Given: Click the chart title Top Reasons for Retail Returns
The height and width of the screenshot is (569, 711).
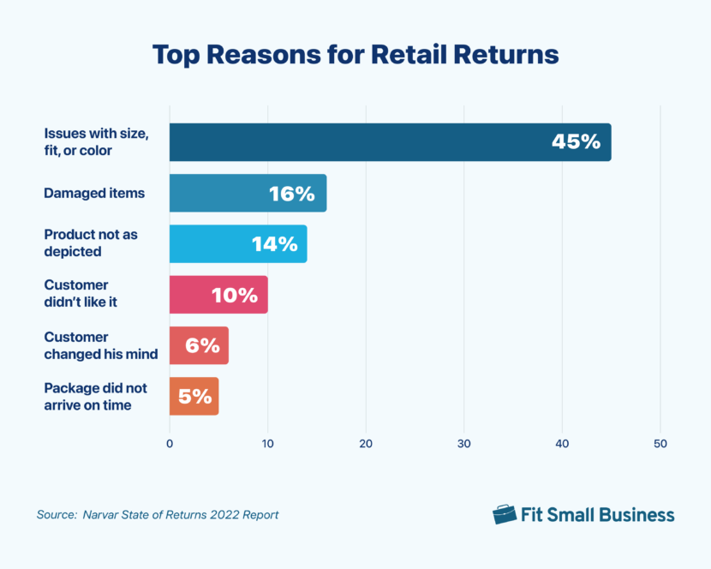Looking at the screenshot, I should coord(355,55).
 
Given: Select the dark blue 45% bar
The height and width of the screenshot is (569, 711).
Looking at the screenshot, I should coord(360,142).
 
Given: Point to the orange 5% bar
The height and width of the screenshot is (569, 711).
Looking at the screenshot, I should coord(184,397).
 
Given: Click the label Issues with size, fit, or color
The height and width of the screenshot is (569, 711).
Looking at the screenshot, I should coord(97,142).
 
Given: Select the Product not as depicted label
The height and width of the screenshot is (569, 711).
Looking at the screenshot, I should coord(85,244).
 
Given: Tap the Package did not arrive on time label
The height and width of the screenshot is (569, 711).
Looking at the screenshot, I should coord(93,397).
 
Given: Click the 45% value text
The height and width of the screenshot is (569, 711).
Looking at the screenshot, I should coord(576,142).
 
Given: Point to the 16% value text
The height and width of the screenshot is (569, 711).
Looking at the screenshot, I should coord(291,194).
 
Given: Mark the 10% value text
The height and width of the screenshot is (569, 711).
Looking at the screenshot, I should coord(235,296).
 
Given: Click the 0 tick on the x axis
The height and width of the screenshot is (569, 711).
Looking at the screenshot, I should coord(170,444).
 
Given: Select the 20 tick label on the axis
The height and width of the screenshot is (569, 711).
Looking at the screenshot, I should coord(366,444).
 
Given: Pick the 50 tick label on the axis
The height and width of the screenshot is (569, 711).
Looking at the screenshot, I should coord(660,444).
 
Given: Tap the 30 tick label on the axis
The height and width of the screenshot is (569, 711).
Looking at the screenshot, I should coord(464,444).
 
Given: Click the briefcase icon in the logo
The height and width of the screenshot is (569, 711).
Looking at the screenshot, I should coord(505,514).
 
